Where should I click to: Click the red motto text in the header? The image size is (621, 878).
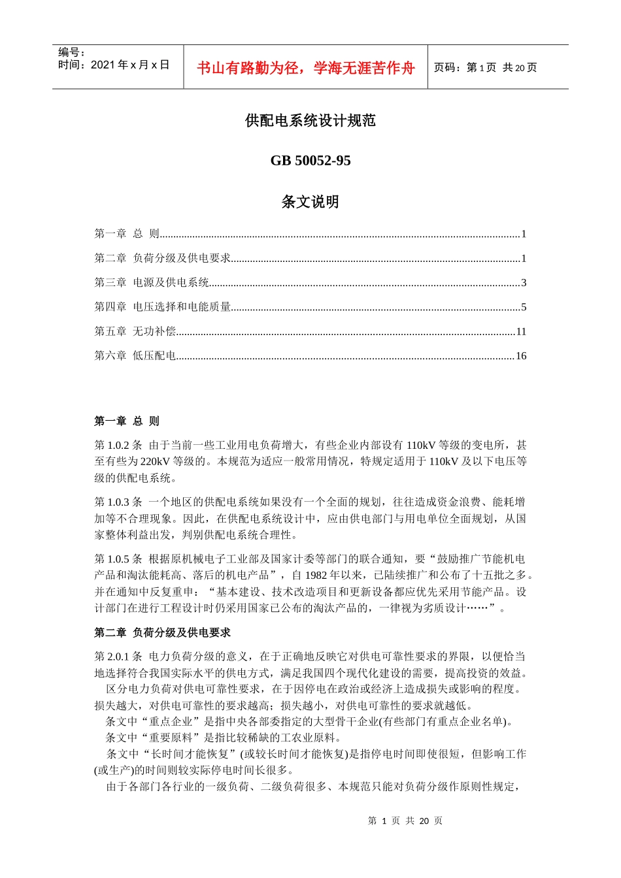click(305, 68)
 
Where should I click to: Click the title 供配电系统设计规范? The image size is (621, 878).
click(310, 120)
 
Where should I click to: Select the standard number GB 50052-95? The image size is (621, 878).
click(310, 161)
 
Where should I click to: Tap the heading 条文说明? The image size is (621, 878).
click(310, 202)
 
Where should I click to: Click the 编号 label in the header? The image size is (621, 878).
click(71, 52)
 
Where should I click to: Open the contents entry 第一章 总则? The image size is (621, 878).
click(127, 234)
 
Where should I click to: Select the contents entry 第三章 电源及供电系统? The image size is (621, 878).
click(152, 282)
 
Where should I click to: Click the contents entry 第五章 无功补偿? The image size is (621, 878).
click(135, 331)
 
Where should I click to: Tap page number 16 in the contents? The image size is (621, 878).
click(520, 356)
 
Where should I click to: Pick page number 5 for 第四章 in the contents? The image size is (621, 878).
click(523, 307)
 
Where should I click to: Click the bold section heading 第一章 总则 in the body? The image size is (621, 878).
click(127, 421)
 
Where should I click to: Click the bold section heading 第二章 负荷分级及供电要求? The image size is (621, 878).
click(162, 632)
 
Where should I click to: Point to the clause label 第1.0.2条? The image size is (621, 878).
click(118, 446)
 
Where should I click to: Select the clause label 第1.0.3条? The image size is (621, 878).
click(118, 502)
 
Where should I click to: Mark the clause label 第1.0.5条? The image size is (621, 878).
click(118, 559)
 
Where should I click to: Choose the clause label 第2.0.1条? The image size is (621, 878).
click(118, 657)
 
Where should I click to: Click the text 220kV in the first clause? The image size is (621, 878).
click(155, 462)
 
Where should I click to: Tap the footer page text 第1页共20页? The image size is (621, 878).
click(405, 821)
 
